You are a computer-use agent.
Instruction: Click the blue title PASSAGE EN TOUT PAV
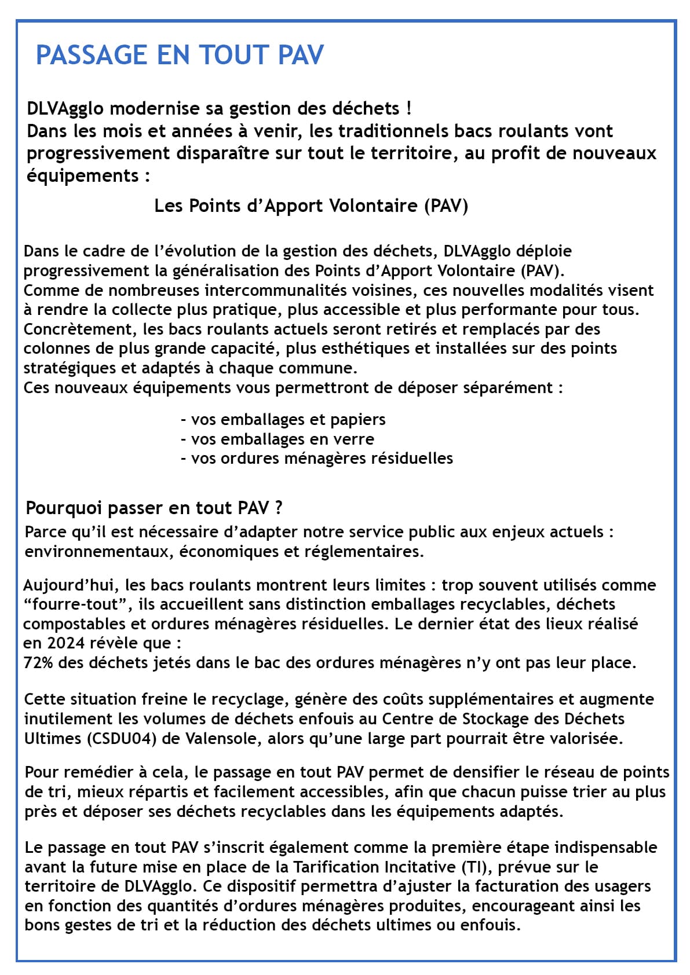pyautogui.click(x=180, y=55)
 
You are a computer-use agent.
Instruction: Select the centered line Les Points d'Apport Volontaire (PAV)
pyautogui.click(x=311, y=206)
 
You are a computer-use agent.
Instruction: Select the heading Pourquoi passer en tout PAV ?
pyautogui.click(x=154, y=508)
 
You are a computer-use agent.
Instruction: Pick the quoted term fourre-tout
pyautogui.click(x=72, y=604)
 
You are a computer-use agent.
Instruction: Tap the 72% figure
pyautogui.click(x=39, y=662)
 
